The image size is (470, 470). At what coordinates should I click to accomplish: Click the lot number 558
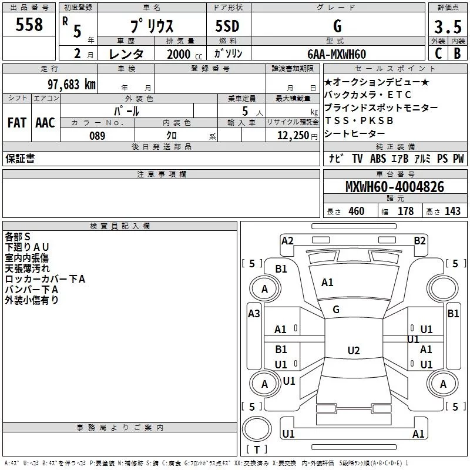click(29, 25)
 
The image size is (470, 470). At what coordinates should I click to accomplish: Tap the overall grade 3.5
click(448, 27)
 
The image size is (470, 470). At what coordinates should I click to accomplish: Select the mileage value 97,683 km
click(72, 85)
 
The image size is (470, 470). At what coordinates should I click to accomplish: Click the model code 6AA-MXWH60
click(337, 54)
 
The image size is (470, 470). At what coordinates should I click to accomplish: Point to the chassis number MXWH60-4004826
click(395, 187)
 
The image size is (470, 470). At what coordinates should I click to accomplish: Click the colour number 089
click(98, 136)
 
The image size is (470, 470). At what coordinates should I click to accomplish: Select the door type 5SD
click(227, 26)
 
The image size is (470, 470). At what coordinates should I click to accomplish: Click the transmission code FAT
click(17, 123)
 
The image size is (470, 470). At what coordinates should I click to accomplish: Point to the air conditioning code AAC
click(45, 123)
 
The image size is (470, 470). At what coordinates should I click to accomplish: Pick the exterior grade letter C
click(438, 53)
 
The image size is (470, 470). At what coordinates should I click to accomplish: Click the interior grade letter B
click(458, 53)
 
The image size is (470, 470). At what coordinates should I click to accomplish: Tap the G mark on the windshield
click(336, 310)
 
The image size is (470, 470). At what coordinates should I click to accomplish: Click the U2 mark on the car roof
click(354, 350)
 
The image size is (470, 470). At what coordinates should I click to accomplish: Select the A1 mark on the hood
click(327, 283)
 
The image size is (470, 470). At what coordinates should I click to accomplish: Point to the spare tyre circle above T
click(257, 429)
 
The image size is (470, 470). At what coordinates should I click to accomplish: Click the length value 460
click(357, 211)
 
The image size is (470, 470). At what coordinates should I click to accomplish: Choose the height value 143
click(452, 211)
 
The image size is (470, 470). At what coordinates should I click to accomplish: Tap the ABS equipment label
click(378, 159)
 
